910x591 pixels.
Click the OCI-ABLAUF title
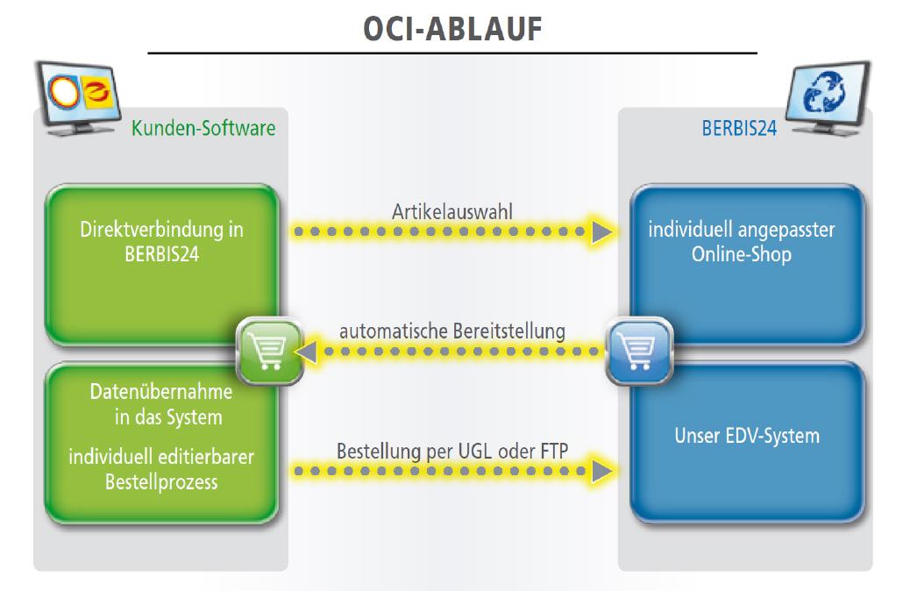coord(452,29)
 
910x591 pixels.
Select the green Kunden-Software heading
coord(203,128)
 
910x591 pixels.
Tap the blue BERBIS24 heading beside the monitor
coord(739,128)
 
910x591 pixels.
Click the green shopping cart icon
coord(269,351)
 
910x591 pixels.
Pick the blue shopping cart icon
coord(639,351)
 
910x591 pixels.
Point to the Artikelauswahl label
coord(452,211)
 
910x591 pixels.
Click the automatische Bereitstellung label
coord(452,331)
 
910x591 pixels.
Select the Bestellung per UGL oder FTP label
coord(452,451)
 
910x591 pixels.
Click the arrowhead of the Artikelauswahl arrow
coord(601,231)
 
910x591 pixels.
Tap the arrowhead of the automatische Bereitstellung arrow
coord(306,352)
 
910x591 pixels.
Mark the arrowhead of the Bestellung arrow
coord(601,471)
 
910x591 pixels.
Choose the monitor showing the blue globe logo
coord(828,98)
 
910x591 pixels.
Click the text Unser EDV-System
coord(747,436)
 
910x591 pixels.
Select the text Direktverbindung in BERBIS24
coord(162,241)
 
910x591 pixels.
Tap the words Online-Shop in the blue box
coord(741,254)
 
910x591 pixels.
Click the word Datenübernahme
coord(161,392)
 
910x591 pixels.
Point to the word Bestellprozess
coord(161,482)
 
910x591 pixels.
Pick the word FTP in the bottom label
coord(554,451)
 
